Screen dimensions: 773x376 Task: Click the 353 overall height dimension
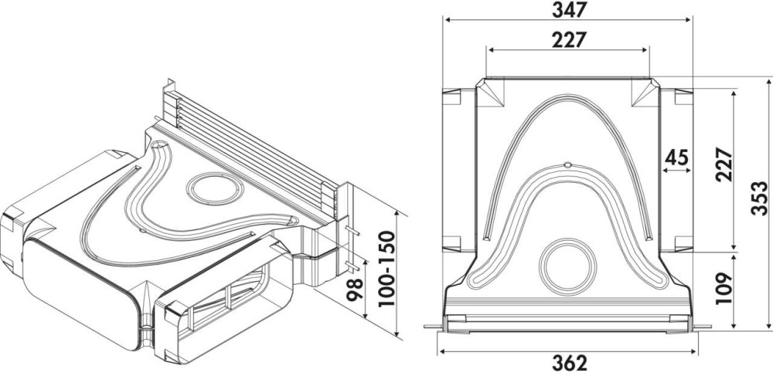pos(760,198)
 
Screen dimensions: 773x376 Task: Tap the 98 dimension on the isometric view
pos(355,290)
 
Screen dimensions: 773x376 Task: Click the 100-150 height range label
pos(386,269)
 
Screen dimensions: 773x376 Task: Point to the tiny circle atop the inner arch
pos(567,165)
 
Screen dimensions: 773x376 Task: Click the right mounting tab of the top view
pos(702,327)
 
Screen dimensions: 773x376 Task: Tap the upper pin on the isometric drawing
pos(353,231)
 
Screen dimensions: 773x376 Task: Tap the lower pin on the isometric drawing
pos(354,266)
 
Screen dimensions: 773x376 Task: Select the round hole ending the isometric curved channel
pos(159,146)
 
